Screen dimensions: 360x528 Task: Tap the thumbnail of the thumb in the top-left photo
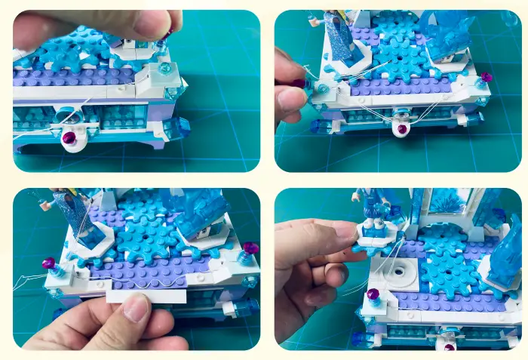(x=152, y=22)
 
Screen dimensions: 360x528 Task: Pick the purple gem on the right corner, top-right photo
(x=486, y=77)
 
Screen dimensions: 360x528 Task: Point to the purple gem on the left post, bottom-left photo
(x=50, y=263)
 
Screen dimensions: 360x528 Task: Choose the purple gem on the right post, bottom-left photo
(x=251, y=248)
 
